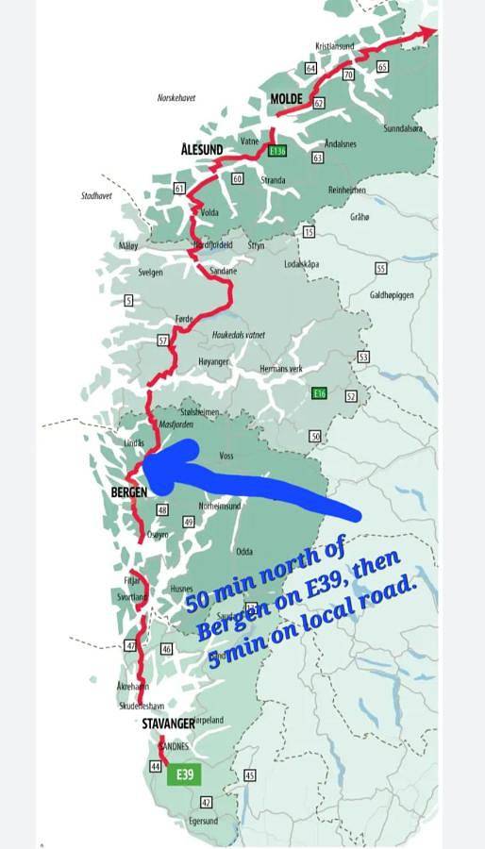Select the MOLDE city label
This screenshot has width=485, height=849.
pos(286,99)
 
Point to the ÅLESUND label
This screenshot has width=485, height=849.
pos(202,148)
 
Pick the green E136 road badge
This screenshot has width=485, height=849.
pos(276,150)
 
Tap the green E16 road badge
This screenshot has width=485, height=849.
pos(319,393)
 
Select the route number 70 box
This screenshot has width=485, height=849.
pos(347,74)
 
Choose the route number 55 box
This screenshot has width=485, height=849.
pos(380,269)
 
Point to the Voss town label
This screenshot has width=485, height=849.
pos(226,455)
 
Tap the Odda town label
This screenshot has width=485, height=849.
pos(244,551)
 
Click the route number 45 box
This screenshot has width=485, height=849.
pos(249,775)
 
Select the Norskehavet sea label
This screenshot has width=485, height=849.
pos(176,97)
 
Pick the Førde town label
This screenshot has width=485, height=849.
pos(184,319)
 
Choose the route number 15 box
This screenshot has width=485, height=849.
pos(309,231)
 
